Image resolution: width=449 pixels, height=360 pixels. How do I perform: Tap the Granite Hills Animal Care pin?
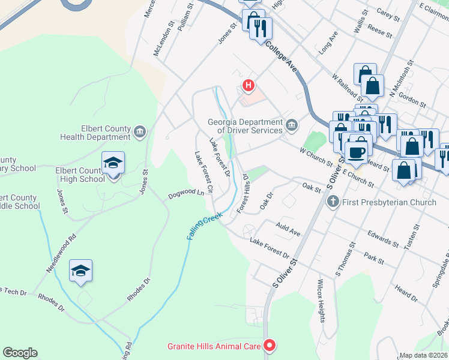click(270, 346)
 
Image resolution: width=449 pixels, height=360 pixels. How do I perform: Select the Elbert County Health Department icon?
click(140, 131)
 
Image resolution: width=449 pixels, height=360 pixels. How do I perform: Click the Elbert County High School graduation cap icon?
click(113, 163)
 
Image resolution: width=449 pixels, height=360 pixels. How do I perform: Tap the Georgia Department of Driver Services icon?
click(292, 125)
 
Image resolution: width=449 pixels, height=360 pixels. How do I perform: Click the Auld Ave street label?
click(288, 230)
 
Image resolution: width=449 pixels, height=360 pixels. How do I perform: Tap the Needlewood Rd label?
click(62, 254)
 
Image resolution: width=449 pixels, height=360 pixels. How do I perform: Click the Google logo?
click(20, 353)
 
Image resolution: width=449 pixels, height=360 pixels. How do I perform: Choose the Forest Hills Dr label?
click(243, 193)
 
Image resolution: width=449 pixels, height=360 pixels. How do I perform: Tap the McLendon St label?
click(163, 40)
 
